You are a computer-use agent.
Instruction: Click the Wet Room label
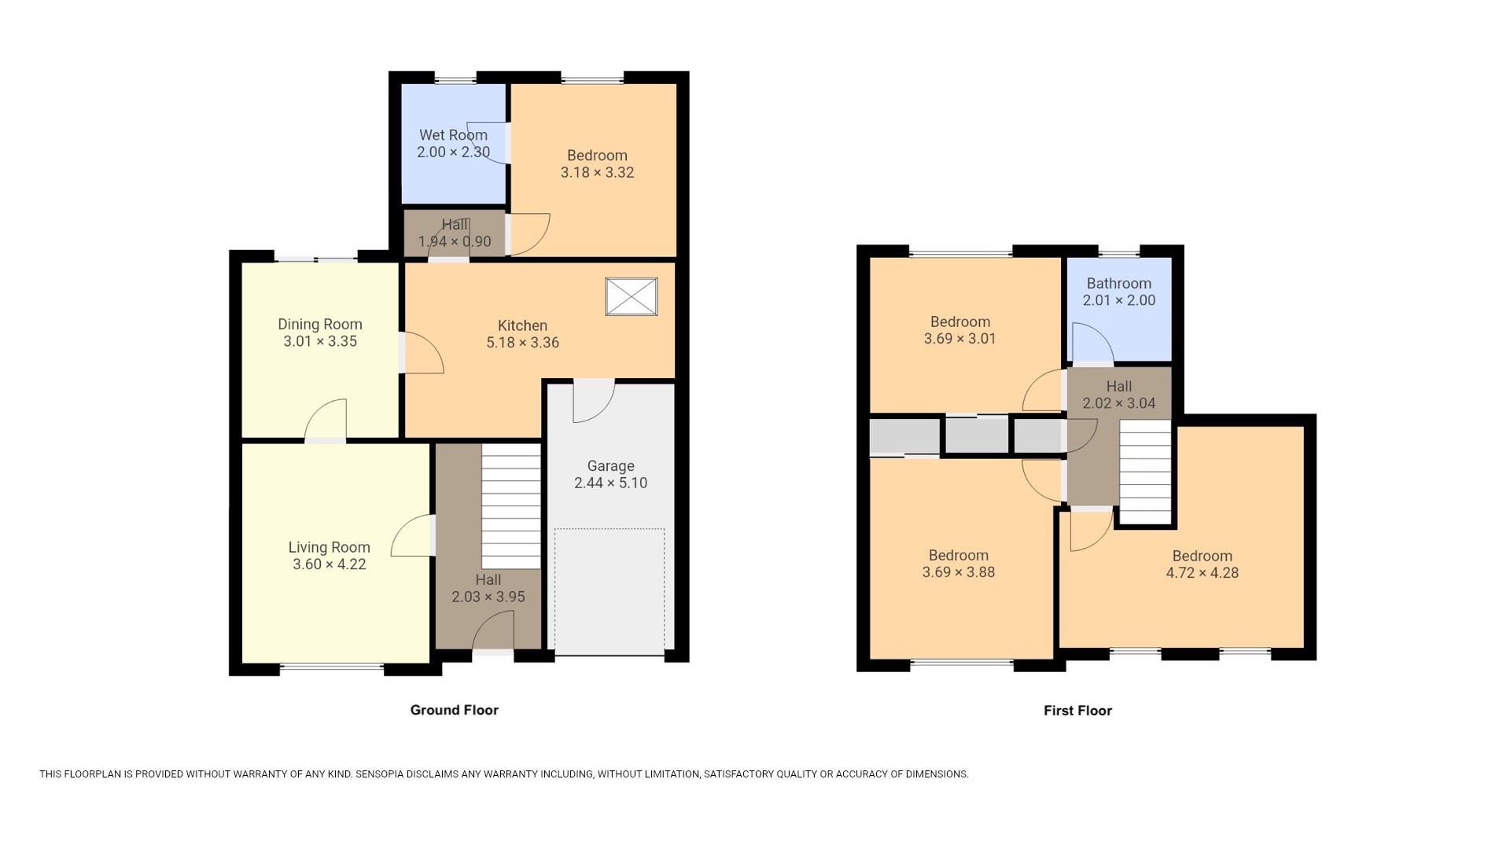453,135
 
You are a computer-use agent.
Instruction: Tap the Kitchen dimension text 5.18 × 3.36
522,343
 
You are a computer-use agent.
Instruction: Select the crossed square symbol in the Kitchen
631,297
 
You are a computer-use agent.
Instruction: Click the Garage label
610,466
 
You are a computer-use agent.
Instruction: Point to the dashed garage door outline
610,590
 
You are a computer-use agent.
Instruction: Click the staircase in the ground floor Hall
511,507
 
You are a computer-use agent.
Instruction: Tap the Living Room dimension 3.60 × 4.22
329,564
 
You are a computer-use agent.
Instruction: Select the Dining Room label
319,325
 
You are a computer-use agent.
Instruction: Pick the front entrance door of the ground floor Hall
493,633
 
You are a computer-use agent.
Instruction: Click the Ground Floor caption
454,710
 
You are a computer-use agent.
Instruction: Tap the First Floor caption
1077,711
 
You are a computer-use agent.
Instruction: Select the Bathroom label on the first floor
1118,284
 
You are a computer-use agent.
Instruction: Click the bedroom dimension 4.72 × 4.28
1202,573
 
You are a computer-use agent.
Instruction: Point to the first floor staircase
1144,472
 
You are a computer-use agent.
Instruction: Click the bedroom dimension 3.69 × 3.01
959,339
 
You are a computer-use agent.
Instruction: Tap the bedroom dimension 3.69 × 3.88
958,572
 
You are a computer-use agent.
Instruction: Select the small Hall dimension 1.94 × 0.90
455,242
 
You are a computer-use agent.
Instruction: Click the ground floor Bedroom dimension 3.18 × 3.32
597,172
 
